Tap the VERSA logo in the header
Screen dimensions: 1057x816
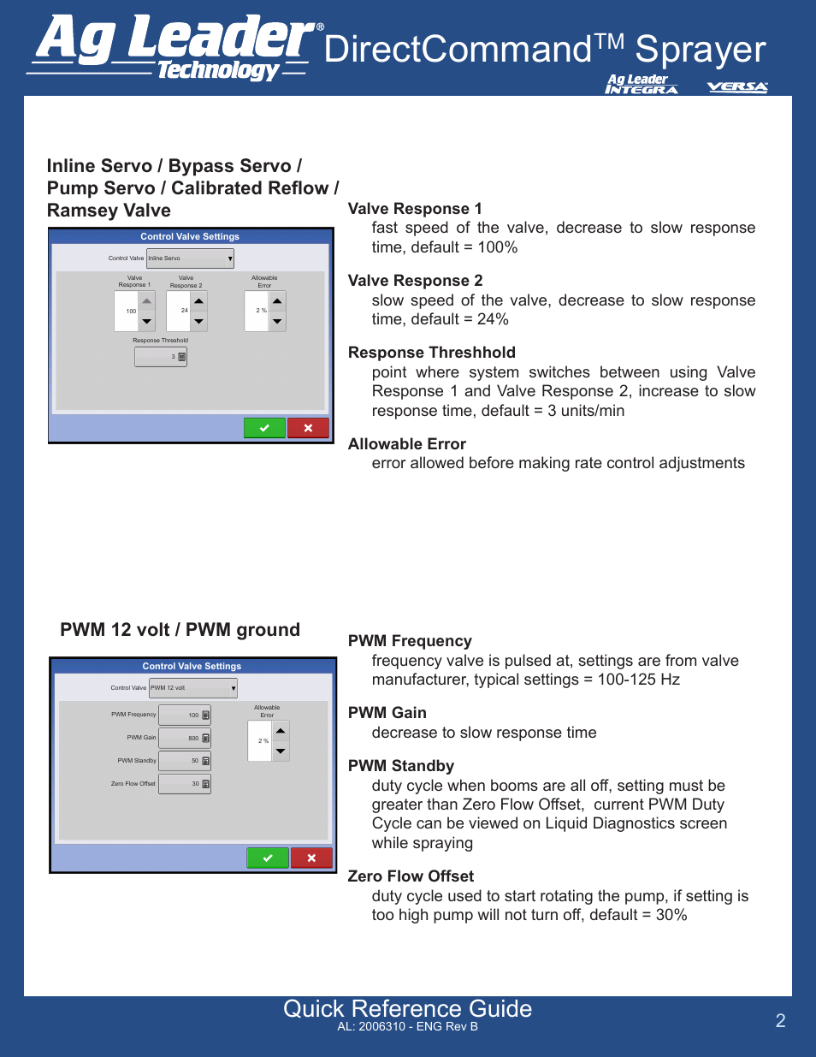[737, 86]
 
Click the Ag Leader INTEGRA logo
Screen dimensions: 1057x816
[641, 84]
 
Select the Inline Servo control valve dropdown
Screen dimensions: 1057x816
[190, 258]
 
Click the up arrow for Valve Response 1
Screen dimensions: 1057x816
[147, 301]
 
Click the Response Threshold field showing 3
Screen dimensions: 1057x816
[161, 357]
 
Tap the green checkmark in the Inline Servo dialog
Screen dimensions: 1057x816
[264, 428]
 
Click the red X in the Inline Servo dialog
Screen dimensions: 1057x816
[308, 428]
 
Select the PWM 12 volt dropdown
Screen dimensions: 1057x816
[193, 688]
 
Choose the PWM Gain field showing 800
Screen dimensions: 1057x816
[185, 738]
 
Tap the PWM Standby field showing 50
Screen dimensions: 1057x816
[185, 761]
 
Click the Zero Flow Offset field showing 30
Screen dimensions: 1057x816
[185, 784]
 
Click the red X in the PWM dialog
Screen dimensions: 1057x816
[311, 858]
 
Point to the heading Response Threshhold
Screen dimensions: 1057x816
[432, 353]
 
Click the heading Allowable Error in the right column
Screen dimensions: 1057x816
[407, 444]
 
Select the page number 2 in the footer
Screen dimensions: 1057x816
[780, 1020]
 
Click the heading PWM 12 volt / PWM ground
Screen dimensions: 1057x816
[180, 630]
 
